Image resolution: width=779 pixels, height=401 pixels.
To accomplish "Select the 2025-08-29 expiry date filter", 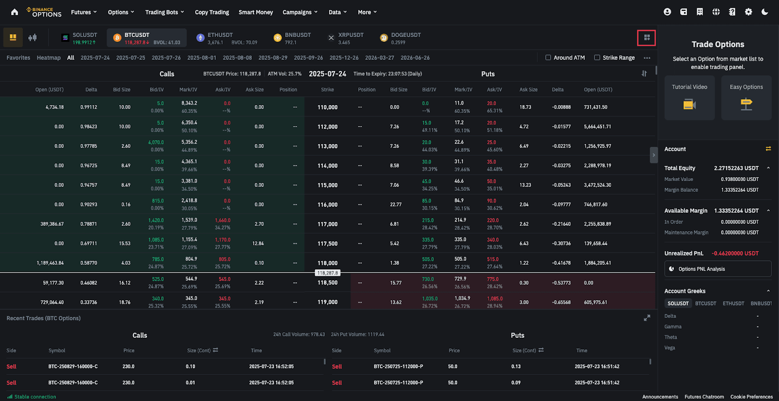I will pyautogui.click(x=273, y=57).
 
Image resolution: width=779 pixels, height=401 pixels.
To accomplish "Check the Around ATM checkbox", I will pyautogui.click(x=548, y=57).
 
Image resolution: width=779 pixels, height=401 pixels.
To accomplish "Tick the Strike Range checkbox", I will pyautogui.click(x=597, y=57).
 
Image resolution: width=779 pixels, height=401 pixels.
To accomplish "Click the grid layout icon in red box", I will pyautogui.click(x=647, y=37).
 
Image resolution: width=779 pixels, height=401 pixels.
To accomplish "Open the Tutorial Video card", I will pyautogui.click(x=689, y=97).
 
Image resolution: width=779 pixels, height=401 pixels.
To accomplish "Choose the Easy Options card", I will pyautogui.click(x=746, y=97).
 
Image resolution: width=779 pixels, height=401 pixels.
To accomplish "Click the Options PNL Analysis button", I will pyautogui.click(x=718, y=269).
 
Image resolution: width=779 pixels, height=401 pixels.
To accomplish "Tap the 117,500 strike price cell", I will pyautogui.click(x=327, y=243).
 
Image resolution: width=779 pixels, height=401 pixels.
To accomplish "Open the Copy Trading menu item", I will pyautogui.click(x=212, y=12).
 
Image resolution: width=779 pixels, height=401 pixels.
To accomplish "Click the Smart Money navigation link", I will pyautogui.click(x=256, y=12).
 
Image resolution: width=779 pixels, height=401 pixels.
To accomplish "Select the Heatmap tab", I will pyautogui.click(x=49, y=57).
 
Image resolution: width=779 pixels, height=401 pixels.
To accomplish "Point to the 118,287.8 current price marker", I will pyautogui.click(x=328, y=273).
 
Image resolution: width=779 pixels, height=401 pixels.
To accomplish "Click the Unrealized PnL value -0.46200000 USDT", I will pyautogui.click(x=735, y=253).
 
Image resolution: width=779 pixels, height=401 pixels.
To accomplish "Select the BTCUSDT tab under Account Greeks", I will pyautogui.click(x=705, y=303).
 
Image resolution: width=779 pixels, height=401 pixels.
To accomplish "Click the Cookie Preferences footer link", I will pyautogui.click(x=751, y=397).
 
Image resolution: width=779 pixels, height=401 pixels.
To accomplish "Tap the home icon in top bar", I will pyautogui.click(x=15, y=12).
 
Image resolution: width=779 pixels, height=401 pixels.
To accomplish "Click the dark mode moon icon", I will pyautogui.click(x=764, y=12).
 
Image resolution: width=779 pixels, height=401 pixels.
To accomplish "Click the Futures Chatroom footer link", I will pyautogui.click(x=704, y=397).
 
